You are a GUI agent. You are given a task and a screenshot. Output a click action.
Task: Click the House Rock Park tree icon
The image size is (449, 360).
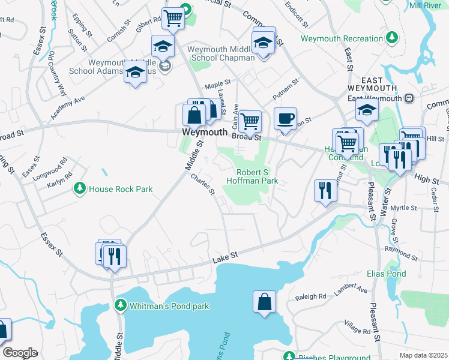(x=79, y=189)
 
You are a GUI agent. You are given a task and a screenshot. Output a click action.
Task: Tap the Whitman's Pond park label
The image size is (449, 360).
(x=170, y=306)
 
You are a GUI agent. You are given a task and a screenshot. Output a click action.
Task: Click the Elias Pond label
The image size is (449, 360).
(x=386, y=274)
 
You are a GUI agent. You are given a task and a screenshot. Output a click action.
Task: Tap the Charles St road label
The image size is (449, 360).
(x=203, y=184)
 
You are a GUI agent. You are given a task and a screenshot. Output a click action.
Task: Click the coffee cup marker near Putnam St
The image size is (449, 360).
(x=285, y=118)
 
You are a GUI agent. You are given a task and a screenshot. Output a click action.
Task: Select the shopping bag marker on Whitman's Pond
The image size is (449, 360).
(x=264, y=302)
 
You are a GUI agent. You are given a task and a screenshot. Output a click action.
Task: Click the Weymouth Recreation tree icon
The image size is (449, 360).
(x=393, y=38)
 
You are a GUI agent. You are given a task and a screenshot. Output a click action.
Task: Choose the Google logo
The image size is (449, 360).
(x=20, y=353)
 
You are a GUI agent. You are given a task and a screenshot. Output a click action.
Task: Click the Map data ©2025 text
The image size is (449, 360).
(x=423, y=355)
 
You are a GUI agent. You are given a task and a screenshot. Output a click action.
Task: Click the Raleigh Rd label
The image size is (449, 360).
(x=310, y=296)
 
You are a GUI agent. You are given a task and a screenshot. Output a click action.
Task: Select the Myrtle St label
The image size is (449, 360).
(x=403, y=208)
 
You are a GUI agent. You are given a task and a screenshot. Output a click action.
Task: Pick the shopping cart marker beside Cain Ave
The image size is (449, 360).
(x=250, y=121)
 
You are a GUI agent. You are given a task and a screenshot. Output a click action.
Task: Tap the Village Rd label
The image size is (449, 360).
(x=358, y=328)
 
